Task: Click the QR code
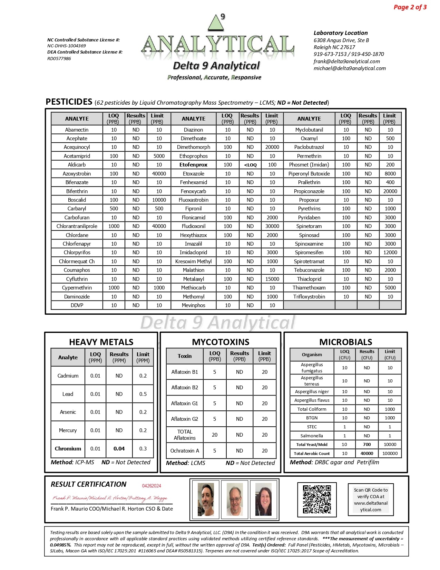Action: (317, 499)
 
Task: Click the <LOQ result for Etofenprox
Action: (250, 165)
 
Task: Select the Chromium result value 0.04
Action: (119, 448)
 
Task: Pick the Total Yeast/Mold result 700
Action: (367, 445)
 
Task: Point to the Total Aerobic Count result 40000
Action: (367, 453)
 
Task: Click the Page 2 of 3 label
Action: (410, 7)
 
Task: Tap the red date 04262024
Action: (151, 486)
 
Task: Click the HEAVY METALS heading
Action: (101, 342)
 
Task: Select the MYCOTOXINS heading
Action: (221, 342)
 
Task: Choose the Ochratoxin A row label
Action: (185, 450)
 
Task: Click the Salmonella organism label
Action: (312, 436)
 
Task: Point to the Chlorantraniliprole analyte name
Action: (77, 226)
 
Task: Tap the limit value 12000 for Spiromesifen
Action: (390, 253)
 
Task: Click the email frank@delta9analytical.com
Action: (346, 61)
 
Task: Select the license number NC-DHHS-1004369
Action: (67, 46)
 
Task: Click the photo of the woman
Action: (263, 499)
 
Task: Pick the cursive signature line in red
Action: (110, 498)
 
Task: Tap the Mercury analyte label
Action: (68, 430)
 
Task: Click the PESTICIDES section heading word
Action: (69, 102)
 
